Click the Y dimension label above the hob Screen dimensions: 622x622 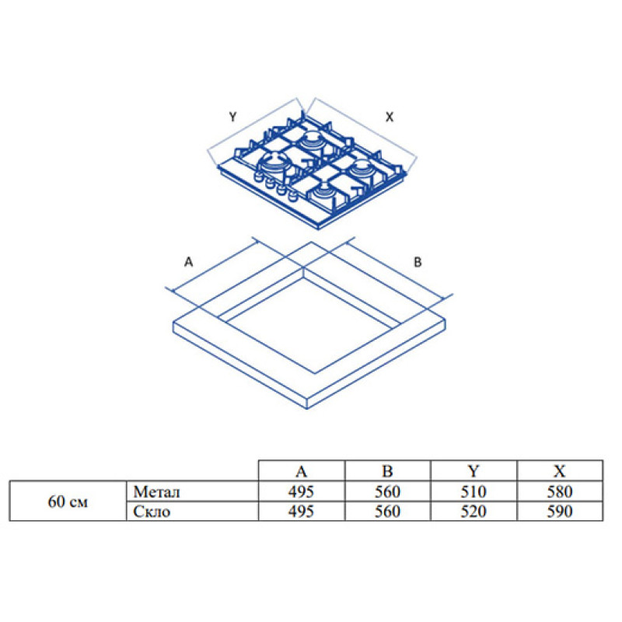click(x=232, y=117)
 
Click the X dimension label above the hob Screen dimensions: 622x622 click(x=390, y=117)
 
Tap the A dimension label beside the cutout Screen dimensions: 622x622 click(x=187, y=263)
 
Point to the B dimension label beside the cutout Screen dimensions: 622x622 click(x=417, y=263)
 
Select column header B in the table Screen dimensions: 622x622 click(x=387, y=471)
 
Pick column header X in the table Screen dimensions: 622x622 click(x=559, y=471)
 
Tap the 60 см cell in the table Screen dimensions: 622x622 click(x=68, y=501)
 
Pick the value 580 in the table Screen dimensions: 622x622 click(x=559, y=491)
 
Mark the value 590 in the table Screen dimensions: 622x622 click(x=559, y=511)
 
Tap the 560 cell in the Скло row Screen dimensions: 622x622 click(x=387, y=511)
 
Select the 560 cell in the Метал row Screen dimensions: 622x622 click(x=387, y=491)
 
